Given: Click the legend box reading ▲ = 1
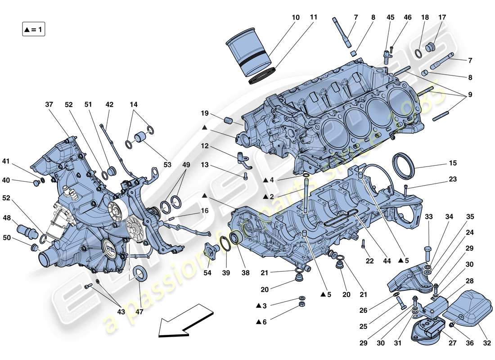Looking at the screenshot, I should [x=34, y=30].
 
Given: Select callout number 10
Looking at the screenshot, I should [x=295, y=18].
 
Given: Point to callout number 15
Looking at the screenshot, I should [x=453, y=163].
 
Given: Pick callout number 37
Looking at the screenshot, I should [x=49, y=105].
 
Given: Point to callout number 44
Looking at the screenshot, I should [x=386, y=261].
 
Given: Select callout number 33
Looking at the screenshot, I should [x=428, y=217].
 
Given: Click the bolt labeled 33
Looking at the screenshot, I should [x=428, y=249].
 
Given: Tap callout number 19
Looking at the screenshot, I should [x=204, y=113].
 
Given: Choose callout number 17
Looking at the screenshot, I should [x=442, y=18].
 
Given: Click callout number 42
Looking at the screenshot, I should [x=109, y=105].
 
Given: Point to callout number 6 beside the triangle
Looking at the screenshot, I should [x=264, y=322].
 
